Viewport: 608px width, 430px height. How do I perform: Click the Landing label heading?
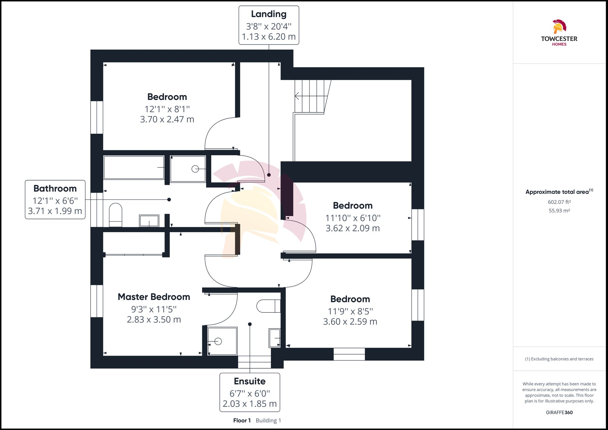pyautogui.click(x=269, y=14)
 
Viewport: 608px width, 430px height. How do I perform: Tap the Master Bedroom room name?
pyautogui.click(x=154, y=297)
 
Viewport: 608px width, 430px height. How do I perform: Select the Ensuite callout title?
pyautogui.click(x=250, y=381)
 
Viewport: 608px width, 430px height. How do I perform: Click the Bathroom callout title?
pyautogui.click(x=55, y=188)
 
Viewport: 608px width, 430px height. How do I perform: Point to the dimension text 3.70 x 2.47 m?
pyautogui.click(x=167, y=119)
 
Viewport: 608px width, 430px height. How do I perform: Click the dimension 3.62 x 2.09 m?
pyautogui.click(x=353, y=228)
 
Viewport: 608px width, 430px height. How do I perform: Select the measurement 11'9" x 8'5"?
pyautogui.click(x=350, y=311)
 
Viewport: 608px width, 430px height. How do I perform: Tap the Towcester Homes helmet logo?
pyautogui.click(x=559, y=27)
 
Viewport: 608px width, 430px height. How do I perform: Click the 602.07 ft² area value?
pyautogui.click(x=559, y=202)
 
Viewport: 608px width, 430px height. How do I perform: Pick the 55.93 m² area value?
pyautogui.click(x=559, y=211)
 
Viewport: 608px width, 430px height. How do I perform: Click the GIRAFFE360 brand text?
pyautogui.click(x=559, y=412)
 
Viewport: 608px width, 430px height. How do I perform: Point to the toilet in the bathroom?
pyautogui.click(x=116, y=215)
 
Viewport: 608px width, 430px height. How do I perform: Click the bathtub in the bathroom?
pyautogui.click(x=134, y=167)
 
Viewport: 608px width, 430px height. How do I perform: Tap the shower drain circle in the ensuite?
pyautogui.click(x=218, y=341)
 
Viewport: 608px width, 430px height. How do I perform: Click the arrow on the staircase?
pyautogui.click(x=297, y=96)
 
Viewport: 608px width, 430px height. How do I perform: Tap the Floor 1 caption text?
pyautogui.click(x=242, y=421)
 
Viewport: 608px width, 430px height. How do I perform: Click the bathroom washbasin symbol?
pyautogui.click(x=149, y=221)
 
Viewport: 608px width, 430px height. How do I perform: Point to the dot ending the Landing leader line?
pyautogui.click(x=269, y=175)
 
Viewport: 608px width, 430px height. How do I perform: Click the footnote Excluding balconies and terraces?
pyautogui.click(x=559, y=359)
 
